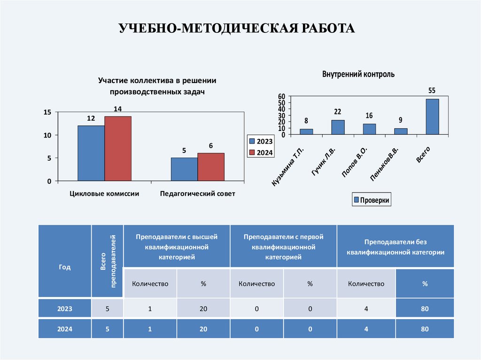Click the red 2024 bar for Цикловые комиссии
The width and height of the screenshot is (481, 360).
(118, 148)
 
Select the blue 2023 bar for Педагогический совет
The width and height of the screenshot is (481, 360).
(184, 169)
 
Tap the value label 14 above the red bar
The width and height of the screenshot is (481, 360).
(117, 109)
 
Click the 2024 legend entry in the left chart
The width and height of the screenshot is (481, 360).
(261, 152)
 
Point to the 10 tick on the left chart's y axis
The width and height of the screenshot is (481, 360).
(47, 135)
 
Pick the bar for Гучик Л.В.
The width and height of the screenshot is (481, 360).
(338, 127)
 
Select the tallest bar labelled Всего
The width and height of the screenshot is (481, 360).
(432, 116)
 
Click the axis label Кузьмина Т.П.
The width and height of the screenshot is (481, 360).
(288, 167)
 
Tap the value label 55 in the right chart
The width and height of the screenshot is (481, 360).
(432, 90)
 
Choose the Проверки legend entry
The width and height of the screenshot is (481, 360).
(371, 200)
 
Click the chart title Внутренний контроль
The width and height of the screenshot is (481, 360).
(358, 74)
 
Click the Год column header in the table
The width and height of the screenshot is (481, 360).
(65, 267)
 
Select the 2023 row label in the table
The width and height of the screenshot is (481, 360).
(65, 309)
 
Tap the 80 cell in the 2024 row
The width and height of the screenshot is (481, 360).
(425, 329)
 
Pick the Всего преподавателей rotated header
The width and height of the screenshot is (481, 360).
(108, 260)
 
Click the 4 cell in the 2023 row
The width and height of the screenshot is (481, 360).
(366, 309)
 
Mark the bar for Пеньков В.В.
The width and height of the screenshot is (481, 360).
(401, 131)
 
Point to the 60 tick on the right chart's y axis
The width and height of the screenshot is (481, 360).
(282, 96)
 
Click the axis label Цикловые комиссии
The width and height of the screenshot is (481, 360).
(104, 193)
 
